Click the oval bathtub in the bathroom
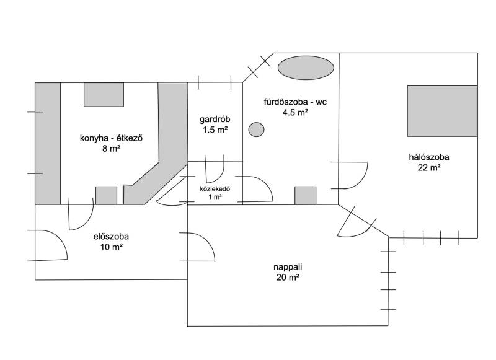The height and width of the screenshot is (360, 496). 306,68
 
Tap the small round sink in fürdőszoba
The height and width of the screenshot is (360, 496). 256,130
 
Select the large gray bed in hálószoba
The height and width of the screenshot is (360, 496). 442,111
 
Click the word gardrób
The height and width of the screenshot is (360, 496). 215,120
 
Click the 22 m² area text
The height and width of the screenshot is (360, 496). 429,167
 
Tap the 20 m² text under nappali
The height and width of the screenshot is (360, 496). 288,277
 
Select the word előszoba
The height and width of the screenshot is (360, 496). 111,237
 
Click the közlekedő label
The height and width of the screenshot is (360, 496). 215,190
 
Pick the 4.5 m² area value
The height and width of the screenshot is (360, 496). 295,112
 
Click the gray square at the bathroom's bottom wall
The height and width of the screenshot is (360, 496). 305,196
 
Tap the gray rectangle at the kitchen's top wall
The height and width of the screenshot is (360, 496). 104,95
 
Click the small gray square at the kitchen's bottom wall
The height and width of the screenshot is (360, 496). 106,196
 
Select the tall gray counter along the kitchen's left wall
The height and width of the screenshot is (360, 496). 48,144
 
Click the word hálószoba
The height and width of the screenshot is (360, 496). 429,157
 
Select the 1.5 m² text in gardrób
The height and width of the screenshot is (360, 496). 215,130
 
